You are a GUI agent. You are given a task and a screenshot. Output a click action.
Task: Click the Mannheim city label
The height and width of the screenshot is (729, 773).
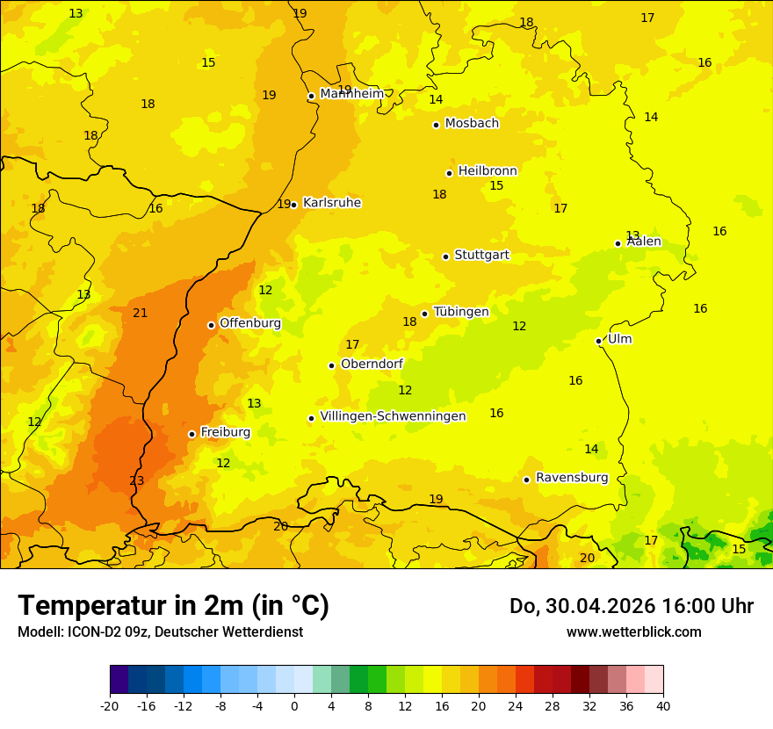tap(351, 94)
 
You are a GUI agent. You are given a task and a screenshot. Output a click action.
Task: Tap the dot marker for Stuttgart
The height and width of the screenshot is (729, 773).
tap(445, 256)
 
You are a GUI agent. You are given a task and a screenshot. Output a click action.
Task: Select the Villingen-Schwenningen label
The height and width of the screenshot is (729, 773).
tap(393, 416)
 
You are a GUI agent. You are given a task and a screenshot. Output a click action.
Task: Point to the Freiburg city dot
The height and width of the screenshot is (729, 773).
tap(191, 434)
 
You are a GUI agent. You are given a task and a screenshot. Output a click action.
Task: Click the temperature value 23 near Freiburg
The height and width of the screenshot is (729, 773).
tap(136, 480)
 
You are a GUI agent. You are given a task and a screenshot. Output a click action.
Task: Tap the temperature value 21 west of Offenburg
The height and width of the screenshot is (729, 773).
tap(140, 313)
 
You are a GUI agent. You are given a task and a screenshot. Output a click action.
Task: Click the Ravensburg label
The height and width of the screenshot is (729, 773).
tap(572, 478)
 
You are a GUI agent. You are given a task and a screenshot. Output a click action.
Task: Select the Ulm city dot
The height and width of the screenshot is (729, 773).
tap(598, 341)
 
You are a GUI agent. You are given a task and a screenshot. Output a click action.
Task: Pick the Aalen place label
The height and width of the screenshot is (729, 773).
tap(644, 242)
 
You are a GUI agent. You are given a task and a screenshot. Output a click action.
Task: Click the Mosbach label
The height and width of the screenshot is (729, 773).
tap(472, 123)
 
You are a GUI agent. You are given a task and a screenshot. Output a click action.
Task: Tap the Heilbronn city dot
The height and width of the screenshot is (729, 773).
tap(449, 173)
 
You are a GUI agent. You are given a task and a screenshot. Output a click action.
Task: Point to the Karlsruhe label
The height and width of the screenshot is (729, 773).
tap(332, 203)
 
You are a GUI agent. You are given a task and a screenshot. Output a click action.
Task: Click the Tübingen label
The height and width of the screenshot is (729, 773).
tap(461, 312)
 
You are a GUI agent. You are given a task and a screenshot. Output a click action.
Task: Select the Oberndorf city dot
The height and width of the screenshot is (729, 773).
tap(331, 365)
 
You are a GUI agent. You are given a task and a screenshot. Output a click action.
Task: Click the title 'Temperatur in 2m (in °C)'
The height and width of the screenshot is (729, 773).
tap(173, 605)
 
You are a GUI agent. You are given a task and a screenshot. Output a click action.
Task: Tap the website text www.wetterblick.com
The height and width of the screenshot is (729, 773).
tap(633, 632)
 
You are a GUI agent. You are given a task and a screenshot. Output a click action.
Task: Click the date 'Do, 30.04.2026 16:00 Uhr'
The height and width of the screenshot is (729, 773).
tap(631, 606)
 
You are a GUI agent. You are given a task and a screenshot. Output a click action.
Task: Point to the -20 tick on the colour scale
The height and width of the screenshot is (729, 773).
tap(110, 705)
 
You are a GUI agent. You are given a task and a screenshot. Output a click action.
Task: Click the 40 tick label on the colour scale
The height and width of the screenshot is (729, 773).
tap(662, 705)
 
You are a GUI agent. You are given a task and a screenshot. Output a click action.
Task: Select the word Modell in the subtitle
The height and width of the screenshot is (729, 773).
tap(38, 632)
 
